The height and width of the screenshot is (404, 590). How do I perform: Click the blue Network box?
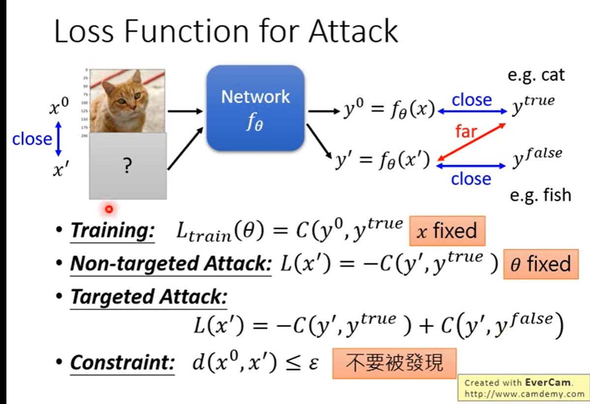[x=255, y=108]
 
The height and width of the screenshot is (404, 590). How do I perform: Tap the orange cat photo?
[x=121, y=101]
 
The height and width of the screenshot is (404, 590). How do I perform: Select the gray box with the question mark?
[x=127, y=166]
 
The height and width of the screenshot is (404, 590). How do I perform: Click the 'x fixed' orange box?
[x=447, y=231]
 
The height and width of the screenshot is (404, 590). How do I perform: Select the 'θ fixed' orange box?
[x=540, y=264]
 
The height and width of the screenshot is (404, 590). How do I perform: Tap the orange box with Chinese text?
[x=394, y=363]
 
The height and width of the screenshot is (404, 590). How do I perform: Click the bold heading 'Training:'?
[x=113, y=231]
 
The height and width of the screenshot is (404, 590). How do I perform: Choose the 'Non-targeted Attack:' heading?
[x=171, y=264]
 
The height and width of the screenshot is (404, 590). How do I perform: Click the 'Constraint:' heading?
[x=122, y=363]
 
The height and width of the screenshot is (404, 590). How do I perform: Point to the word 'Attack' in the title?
[x=353, y=31]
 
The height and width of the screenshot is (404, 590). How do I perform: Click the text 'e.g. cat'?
[x=536, y=75]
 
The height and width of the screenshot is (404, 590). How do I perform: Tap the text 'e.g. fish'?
[x=540, y=195]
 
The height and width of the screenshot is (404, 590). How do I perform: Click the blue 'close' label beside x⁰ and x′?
[x=32, y=139]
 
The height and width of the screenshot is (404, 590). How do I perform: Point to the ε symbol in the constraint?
[x=313, y=364]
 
